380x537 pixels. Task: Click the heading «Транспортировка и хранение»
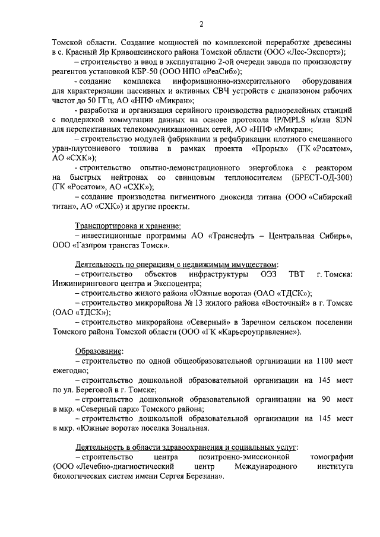point(128,226)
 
